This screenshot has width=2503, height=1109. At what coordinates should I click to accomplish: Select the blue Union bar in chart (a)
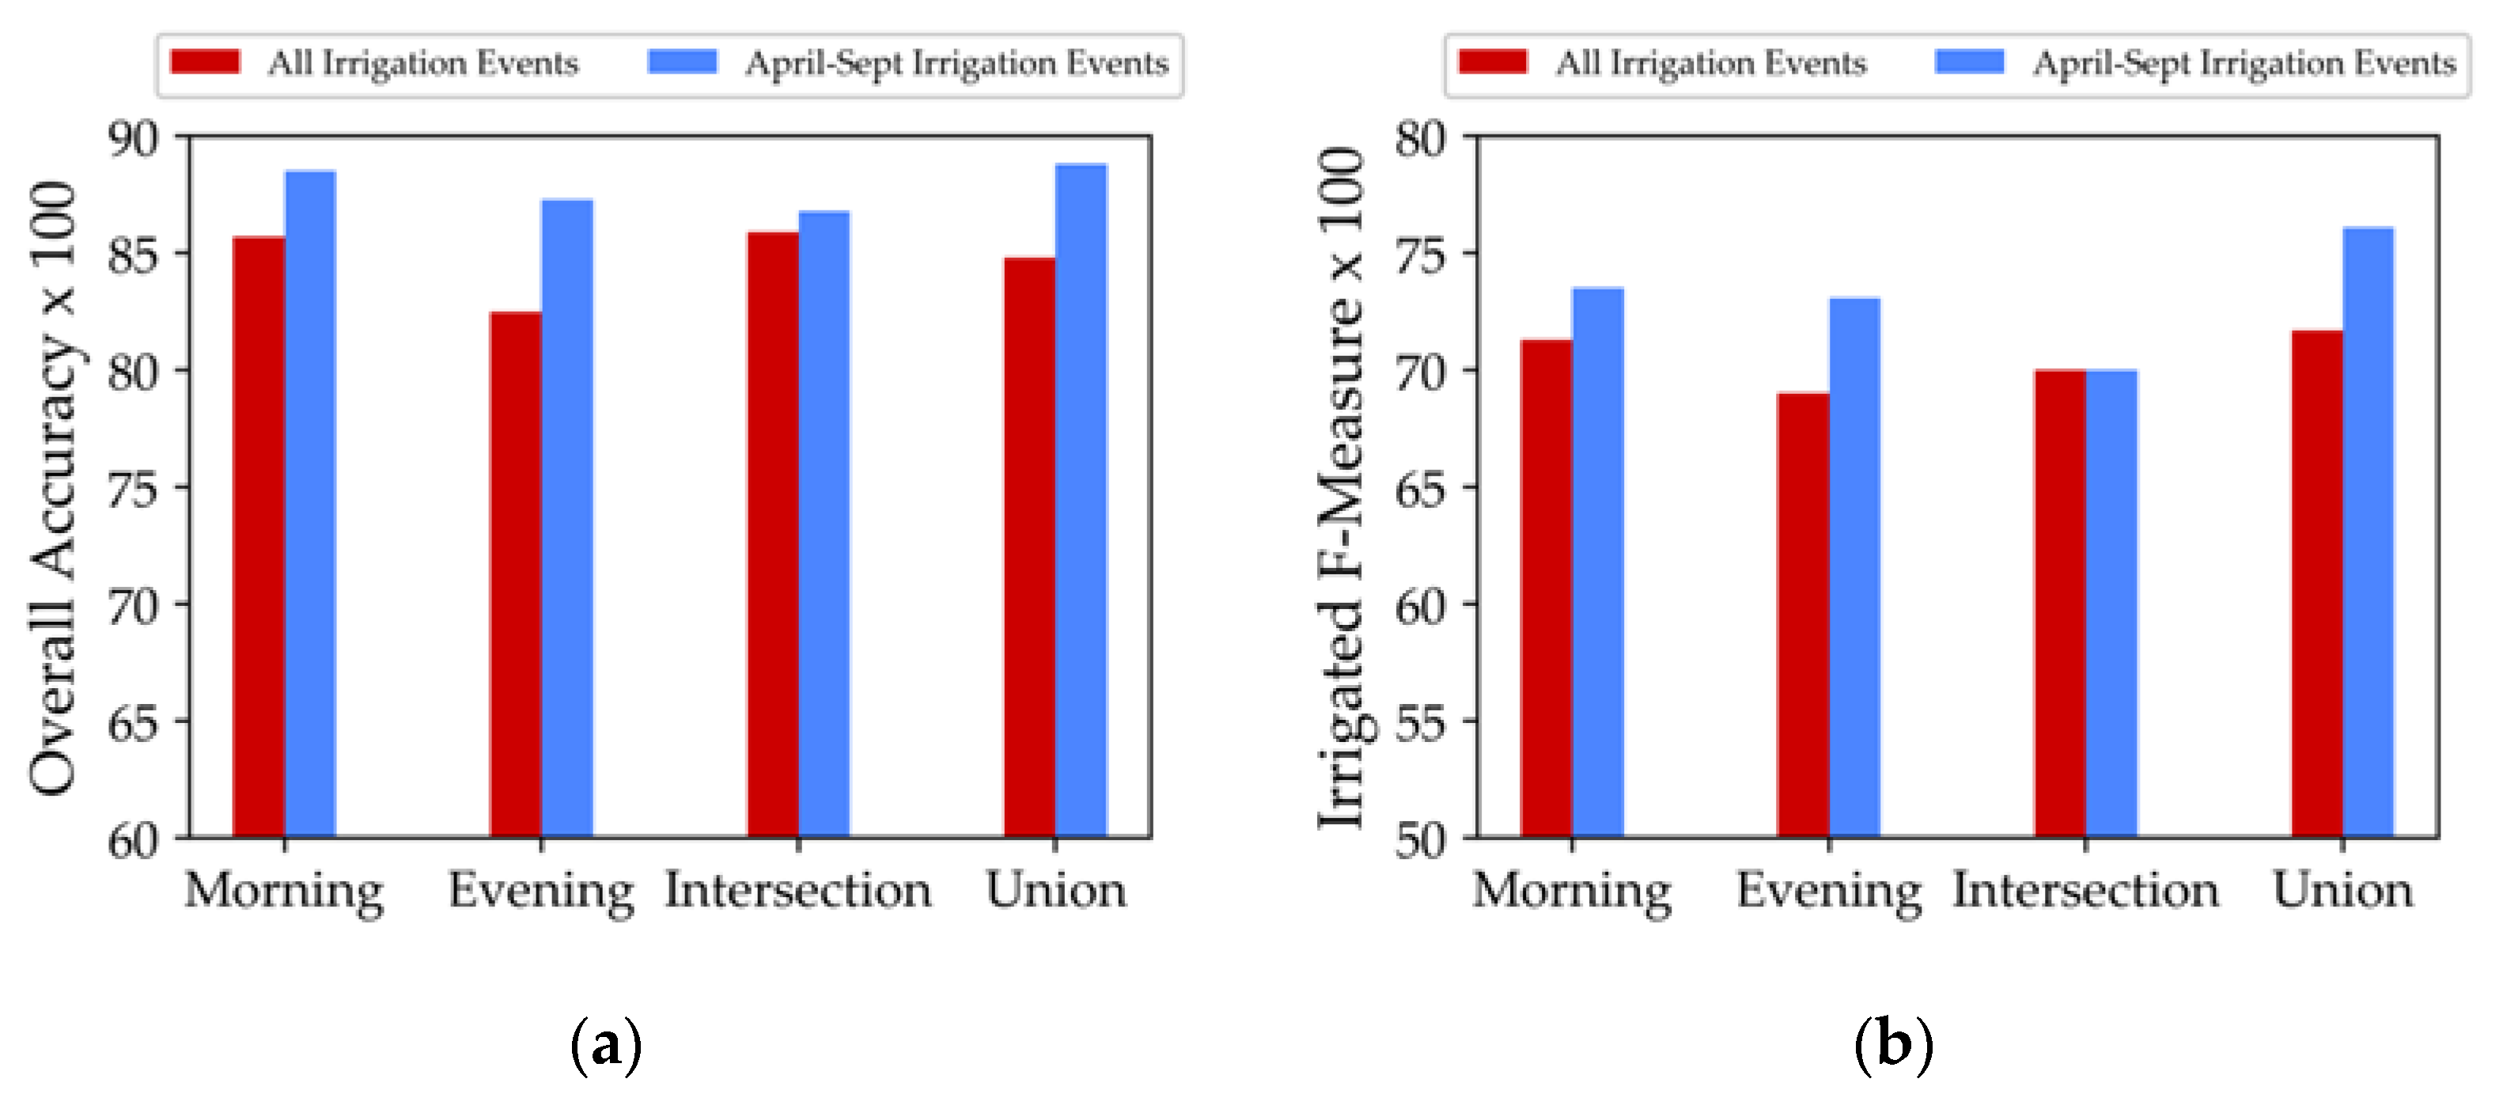1081,501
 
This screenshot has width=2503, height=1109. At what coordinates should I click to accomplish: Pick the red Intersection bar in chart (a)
772,535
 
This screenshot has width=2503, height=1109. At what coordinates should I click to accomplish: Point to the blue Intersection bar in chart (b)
2111,603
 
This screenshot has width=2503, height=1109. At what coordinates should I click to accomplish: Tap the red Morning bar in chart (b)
1546,588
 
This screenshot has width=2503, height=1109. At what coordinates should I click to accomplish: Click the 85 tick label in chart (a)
132,255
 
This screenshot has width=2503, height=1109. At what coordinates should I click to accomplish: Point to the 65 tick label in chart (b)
1421,488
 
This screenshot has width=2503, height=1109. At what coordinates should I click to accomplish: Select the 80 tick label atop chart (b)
1421,139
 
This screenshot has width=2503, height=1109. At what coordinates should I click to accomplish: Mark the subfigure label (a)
605,1046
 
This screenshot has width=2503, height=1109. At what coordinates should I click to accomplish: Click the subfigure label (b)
1894,1046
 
